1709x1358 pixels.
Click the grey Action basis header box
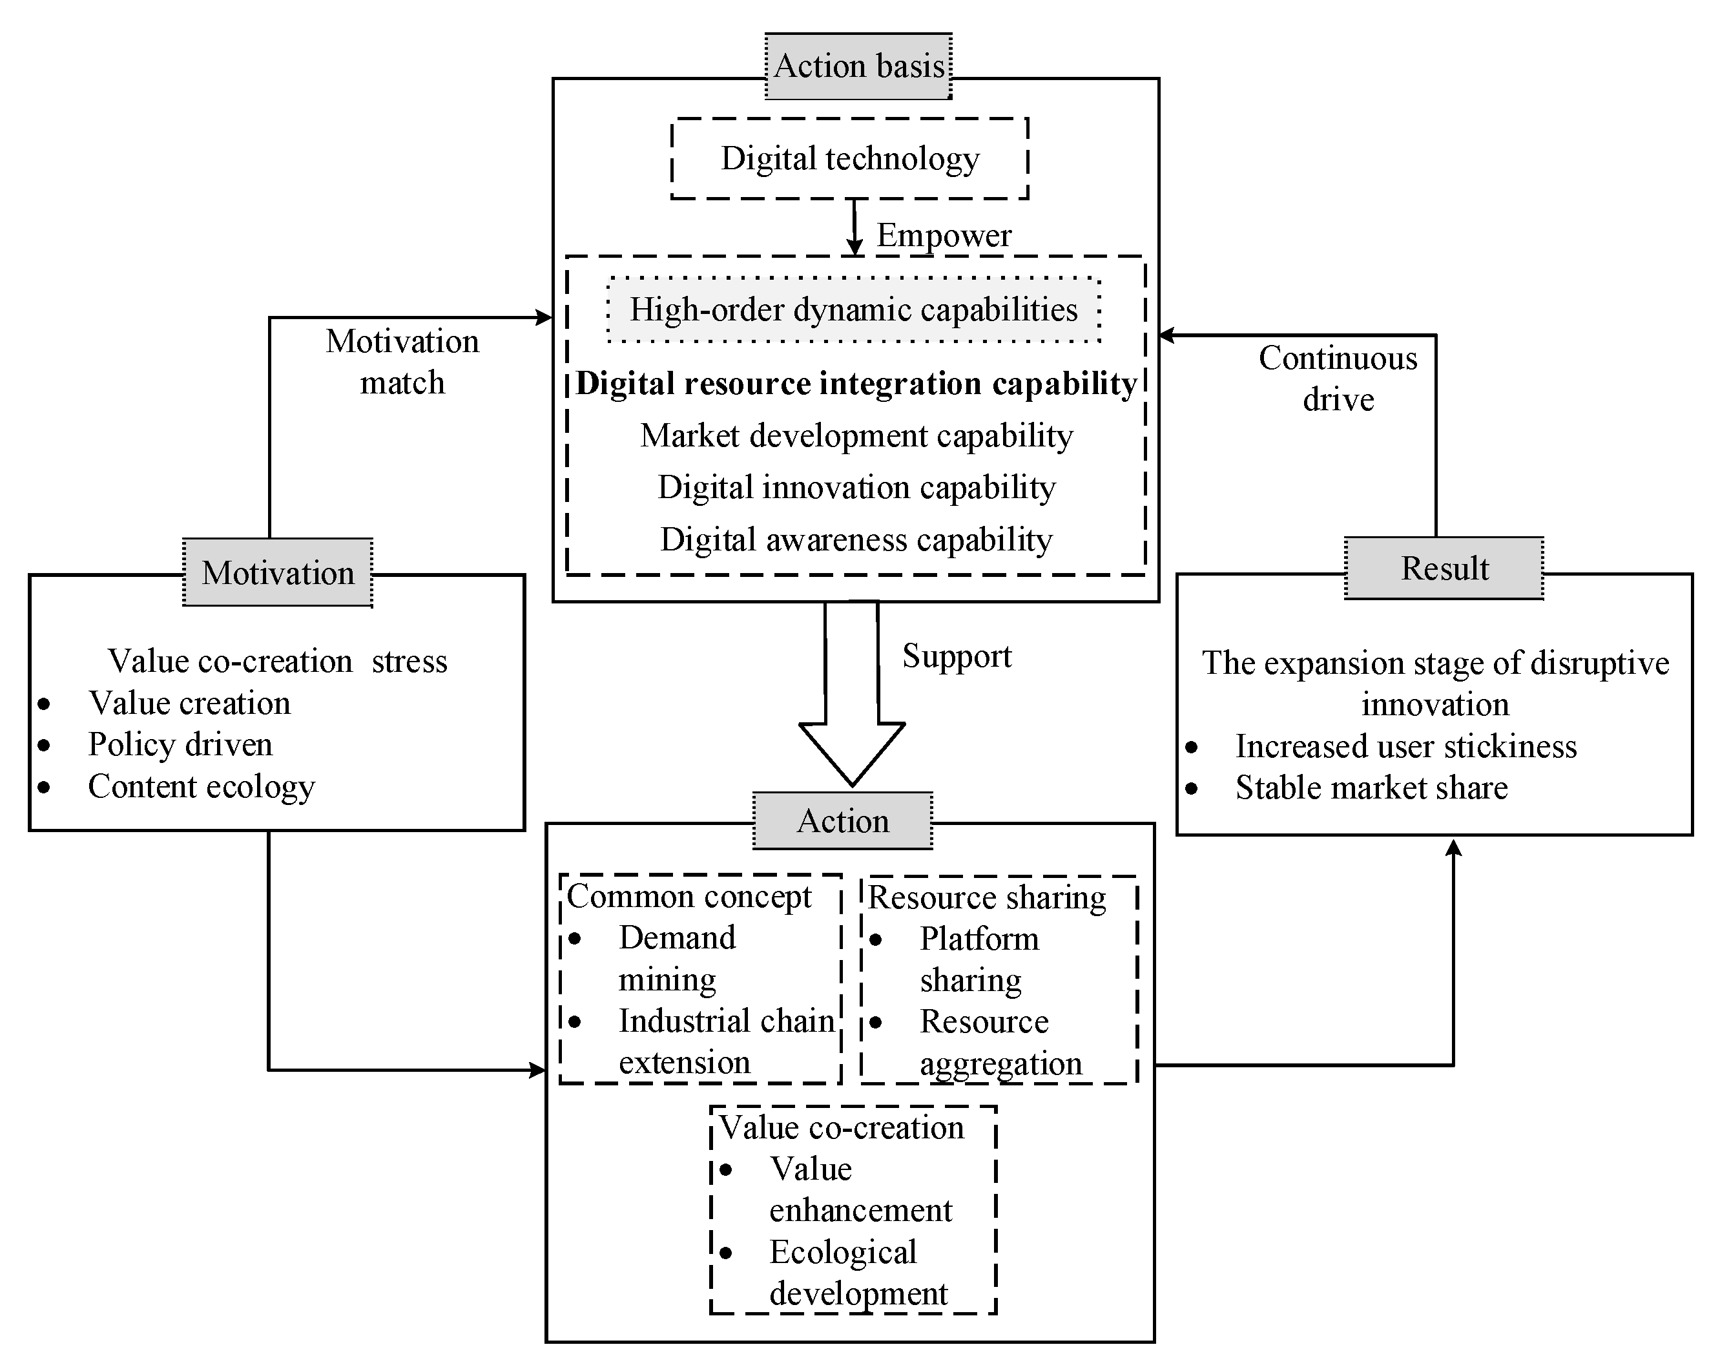[x=858, y=66]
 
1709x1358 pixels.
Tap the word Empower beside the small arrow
[x=943, y=235]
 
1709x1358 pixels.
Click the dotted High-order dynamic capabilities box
[x=854, y=310]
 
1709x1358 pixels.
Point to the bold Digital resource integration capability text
[x=856, y=384]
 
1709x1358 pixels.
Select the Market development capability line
[x=856, y=436]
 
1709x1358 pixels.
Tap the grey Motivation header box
[x=278, y=573]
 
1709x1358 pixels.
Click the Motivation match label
[x=402, y=362]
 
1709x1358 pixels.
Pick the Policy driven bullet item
[x=180, y=744]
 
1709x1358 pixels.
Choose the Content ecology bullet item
[x=202, y=786]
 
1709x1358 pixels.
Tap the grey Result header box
[x=1444, y=569]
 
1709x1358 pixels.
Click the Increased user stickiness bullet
[x=1405, y=746]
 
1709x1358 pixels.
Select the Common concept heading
[x=689, y=897]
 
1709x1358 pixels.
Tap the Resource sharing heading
[x=987, y=897]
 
